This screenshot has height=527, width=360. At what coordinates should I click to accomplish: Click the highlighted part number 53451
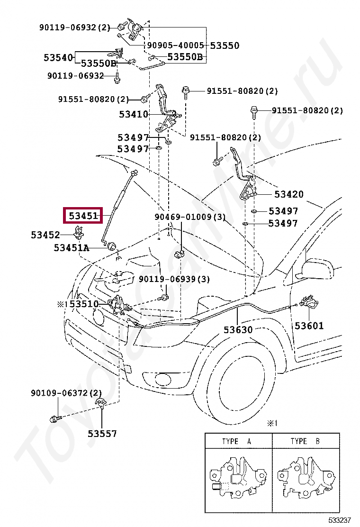point(83,216)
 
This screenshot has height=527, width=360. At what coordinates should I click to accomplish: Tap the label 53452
point(45,235)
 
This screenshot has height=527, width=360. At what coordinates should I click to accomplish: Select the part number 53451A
point(72,248)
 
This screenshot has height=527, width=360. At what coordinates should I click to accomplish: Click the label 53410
point(133,114)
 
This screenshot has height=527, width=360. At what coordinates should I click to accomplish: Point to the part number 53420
point(289,194)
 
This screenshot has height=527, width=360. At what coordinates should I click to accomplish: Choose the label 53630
point(238,330)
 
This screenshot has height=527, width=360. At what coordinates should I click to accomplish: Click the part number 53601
point(309,326)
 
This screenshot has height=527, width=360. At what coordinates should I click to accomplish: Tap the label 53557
point(102,434)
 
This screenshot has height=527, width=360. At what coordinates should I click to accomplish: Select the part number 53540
point(58,57)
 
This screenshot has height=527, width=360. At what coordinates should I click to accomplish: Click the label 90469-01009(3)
point(190,217)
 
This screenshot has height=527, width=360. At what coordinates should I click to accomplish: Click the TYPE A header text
point(237,441)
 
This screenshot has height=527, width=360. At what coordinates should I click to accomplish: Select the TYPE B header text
point(305,441)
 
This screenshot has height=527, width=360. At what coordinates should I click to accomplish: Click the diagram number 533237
point(340,520)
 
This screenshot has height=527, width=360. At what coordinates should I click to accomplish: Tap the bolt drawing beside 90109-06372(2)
point(55,419)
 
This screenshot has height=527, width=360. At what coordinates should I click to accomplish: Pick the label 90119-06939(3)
point(174,279)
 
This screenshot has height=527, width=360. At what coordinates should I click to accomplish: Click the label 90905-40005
point(175,45)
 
